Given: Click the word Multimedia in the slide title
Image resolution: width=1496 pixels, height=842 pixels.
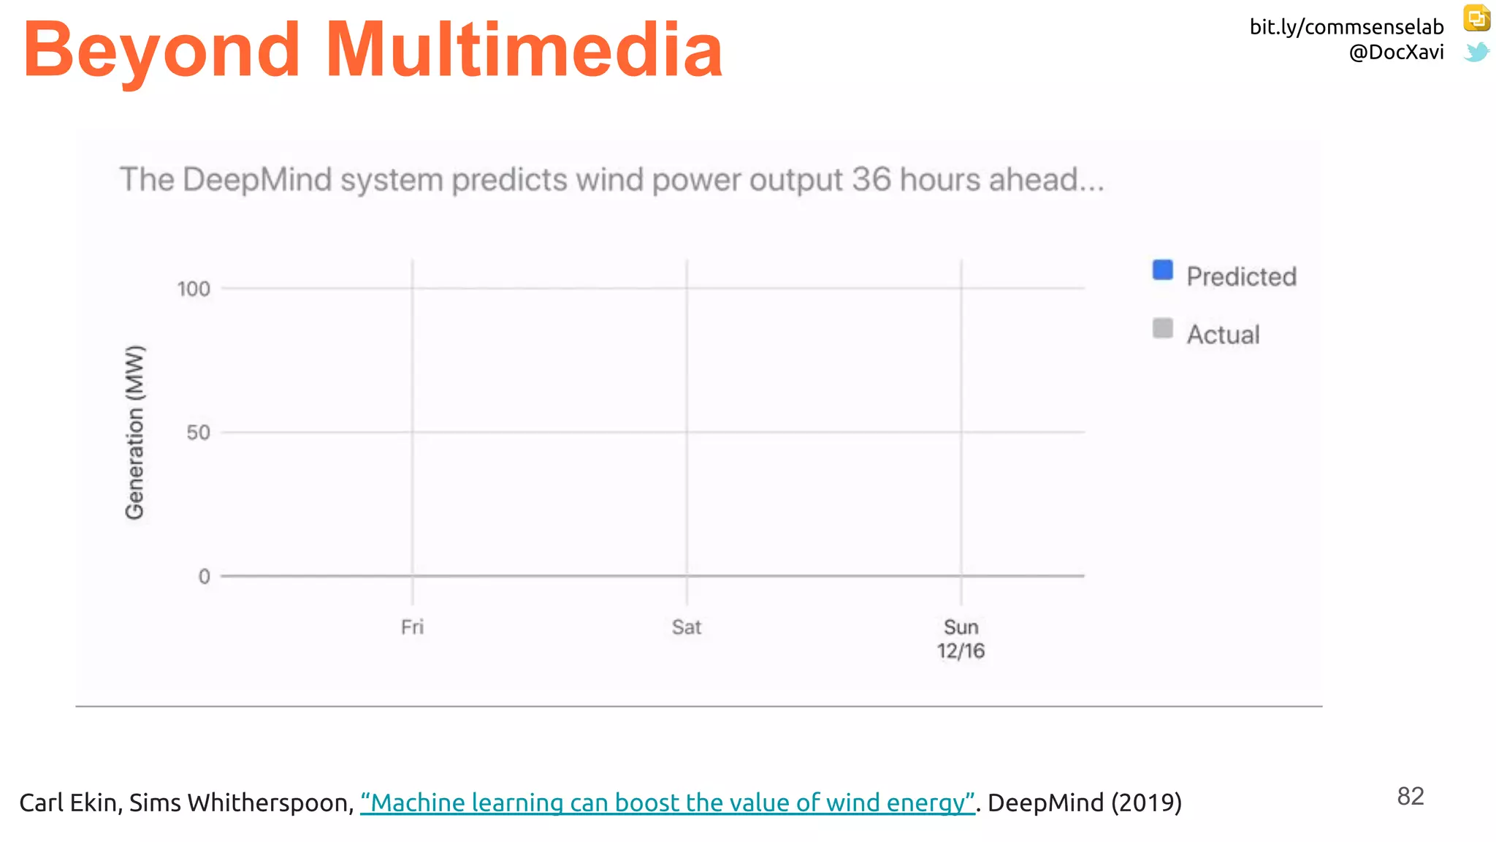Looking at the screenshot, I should (524, 50).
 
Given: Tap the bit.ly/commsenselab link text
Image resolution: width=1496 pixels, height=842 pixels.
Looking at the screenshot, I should (1346, 27).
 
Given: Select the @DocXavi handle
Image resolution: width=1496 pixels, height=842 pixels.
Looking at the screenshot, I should (1396, 53).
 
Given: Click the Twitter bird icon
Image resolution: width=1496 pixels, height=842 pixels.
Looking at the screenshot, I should (1476, 52).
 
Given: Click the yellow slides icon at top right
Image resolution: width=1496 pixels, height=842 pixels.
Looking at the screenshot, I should (1476, 18).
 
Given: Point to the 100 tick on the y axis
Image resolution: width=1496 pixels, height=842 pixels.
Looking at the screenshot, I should (194, 289).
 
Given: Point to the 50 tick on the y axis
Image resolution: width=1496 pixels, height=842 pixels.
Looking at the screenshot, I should (198, 433).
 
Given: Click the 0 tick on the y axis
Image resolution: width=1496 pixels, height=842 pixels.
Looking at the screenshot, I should (205, 577).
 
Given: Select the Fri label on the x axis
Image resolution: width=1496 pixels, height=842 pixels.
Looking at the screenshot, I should (412, 627).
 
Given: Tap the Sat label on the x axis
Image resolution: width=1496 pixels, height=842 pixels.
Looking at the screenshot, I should (687, 627).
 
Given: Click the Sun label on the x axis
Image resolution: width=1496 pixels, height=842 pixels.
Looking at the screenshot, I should (961, 627).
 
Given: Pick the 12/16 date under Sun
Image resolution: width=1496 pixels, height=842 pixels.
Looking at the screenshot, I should (961, 651).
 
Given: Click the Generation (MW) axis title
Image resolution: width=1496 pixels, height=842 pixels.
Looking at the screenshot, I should (135, 433).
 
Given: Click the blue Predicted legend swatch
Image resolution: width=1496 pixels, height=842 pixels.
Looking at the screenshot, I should (1162, 270).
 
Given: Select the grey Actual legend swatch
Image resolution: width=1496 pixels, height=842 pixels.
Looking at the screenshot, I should (1162, 328).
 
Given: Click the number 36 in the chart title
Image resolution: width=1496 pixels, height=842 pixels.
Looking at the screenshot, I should (871, 180).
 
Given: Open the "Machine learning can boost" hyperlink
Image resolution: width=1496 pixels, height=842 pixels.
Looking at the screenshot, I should (668, 803).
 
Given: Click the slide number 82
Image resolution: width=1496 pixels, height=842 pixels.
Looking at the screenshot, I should (1410, 797).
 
